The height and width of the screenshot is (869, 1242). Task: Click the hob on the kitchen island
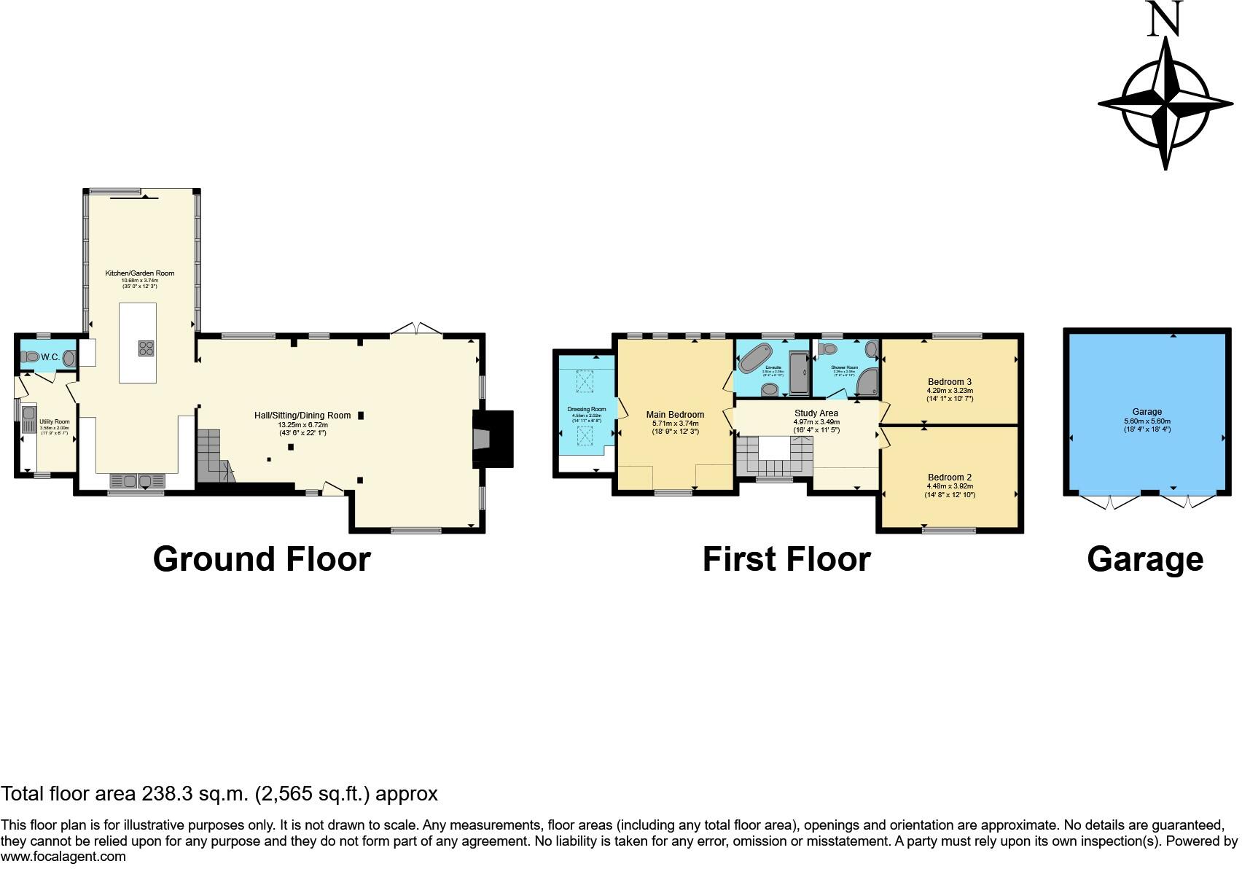pos(146,348)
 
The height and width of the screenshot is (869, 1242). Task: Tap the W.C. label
pos(50,357)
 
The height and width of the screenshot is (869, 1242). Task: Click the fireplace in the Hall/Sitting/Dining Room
pos(492,438)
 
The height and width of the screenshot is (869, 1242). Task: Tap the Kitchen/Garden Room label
pos(139,273)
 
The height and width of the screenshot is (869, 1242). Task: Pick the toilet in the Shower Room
pos(828,349)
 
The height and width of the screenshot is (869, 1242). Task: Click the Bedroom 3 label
pos(949,382)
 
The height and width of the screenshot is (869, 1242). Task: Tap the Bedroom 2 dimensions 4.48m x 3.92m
pos(950,486)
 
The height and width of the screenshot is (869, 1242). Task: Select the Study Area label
pos(816,413)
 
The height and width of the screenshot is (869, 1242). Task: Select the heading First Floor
pos(786,559)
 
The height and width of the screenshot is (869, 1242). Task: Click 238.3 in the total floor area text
pos(168,794)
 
